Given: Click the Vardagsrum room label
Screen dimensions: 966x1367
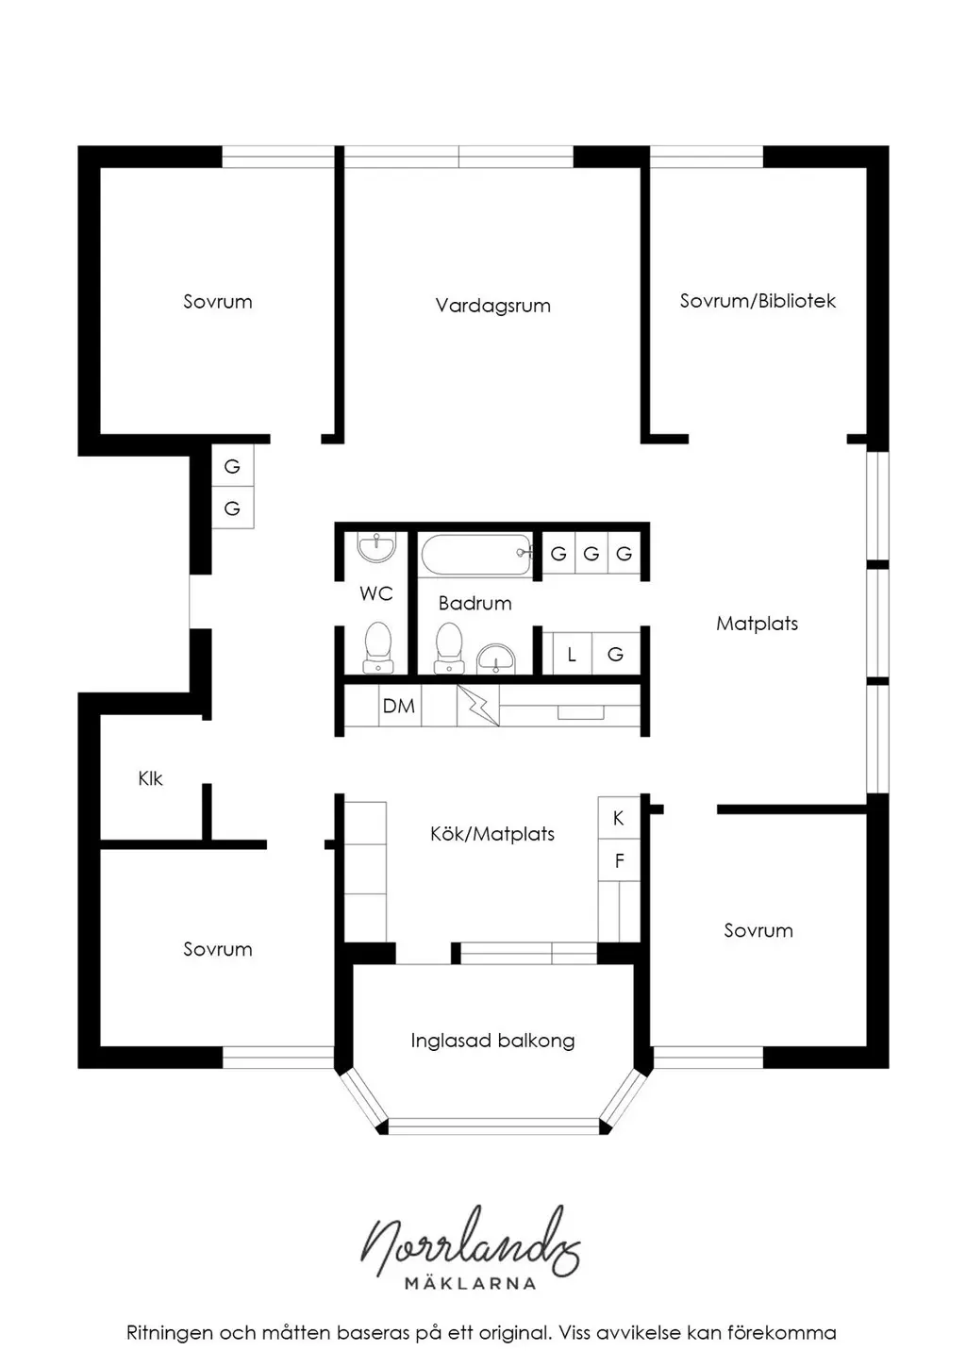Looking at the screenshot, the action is point(492,306).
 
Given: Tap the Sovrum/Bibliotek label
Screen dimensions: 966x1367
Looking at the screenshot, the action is point(758,301).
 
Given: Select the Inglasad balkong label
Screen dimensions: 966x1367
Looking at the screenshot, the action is point(492,1041).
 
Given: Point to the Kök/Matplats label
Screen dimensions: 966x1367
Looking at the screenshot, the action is point(491,834).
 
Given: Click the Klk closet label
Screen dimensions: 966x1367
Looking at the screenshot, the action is point(150,778).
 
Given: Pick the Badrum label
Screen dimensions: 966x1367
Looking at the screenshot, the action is point(475,604).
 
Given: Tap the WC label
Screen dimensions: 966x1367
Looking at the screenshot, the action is point(375,593).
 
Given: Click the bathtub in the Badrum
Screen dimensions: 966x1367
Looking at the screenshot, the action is point(475,555).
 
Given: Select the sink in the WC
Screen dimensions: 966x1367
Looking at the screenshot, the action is point(376,547).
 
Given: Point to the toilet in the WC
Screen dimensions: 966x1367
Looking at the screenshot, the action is point(377,647).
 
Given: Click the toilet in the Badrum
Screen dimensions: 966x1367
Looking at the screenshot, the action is point(449,647).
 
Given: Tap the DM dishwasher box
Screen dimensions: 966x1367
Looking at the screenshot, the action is point(399,706).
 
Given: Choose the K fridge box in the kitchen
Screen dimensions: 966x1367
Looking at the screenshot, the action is point(619,818).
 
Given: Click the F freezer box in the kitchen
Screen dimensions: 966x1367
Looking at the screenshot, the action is point(619,860).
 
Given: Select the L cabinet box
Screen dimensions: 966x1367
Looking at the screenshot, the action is point(571,654).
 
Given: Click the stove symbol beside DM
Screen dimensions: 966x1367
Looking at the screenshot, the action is point(478,706).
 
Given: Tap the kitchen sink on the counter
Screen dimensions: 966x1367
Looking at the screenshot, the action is point(580,712).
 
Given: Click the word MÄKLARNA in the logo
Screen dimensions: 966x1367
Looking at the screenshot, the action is point(471,1283).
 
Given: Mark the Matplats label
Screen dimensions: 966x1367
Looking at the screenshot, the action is point(757,624).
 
